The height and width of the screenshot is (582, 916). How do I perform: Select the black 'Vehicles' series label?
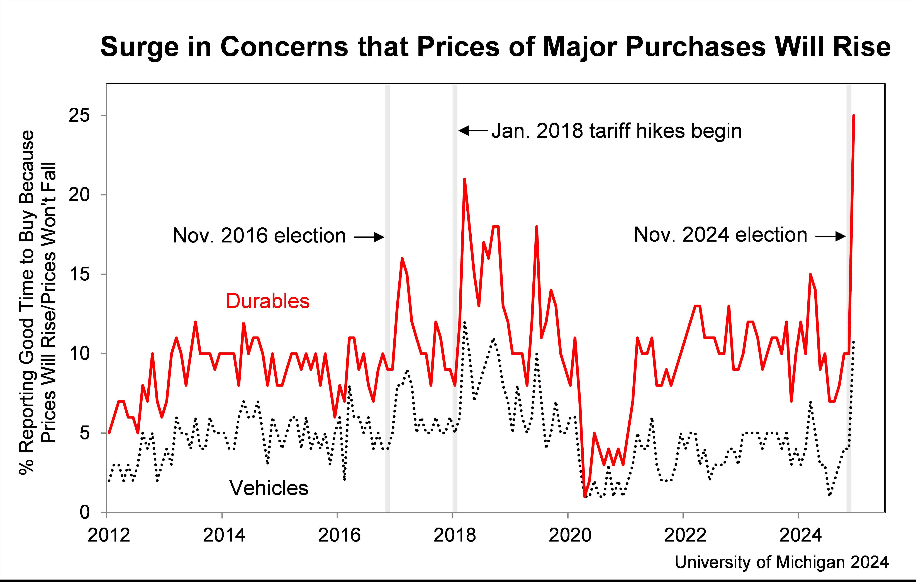(269, 488)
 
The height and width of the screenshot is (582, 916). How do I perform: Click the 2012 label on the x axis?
(109, 535)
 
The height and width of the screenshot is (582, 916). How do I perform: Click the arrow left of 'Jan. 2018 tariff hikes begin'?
(473, 131)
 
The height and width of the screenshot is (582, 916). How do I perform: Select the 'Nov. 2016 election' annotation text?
(259, 236)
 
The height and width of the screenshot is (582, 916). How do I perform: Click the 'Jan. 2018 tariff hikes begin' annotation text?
(616, 131)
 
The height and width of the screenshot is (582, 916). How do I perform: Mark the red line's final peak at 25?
(854, 115)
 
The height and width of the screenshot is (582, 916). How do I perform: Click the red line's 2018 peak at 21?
(464, 179)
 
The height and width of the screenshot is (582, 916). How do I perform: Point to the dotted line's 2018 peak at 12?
(464, 322)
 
